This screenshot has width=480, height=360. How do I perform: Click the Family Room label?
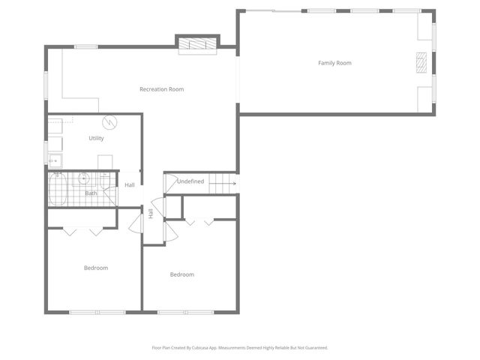click(334, 63)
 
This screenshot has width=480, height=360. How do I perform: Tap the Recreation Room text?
click(161, 89)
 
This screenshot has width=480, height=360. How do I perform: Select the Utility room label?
click(96, 138)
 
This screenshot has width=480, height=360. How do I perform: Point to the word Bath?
click(91, 193)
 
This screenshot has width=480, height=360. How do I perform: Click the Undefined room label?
click(190, 181)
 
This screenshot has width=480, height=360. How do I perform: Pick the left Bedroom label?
click(95, 268)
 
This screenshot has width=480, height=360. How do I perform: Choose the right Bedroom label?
click(181, 274)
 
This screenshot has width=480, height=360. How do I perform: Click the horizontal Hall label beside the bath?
click(130, 185)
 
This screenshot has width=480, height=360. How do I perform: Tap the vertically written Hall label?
click(151, 214)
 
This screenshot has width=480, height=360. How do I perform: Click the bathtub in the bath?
click(58, 189)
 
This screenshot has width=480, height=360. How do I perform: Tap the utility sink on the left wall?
click(55, 159)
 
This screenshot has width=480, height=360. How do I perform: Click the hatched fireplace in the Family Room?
click(422, 61)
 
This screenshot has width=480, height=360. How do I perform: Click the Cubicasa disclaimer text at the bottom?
click(239, 347)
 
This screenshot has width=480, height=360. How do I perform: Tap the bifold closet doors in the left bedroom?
click(82, 231)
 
